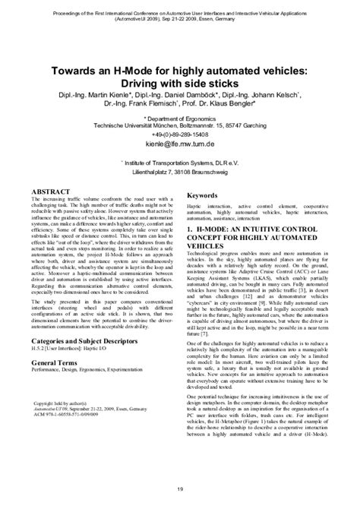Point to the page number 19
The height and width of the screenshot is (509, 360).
click(x=179, y=488)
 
